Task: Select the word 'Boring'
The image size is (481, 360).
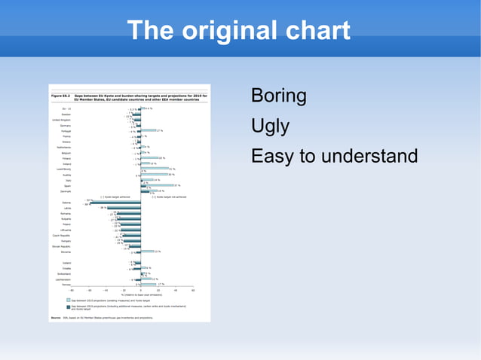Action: [278, 97]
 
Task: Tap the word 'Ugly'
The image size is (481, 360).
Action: [270, 127]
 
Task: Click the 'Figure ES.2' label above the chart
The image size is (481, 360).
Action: [60, 96]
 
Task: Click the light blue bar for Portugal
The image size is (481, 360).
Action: [148, 130]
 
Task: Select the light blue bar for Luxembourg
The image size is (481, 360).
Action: [154, 169]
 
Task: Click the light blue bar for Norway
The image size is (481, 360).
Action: [149, 284]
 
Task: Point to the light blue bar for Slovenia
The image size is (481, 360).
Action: [146, 252]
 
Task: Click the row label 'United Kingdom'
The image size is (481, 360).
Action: [61, 120]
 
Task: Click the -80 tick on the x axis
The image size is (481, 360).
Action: [72, 290]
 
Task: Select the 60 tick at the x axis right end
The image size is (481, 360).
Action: [193, 290]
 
